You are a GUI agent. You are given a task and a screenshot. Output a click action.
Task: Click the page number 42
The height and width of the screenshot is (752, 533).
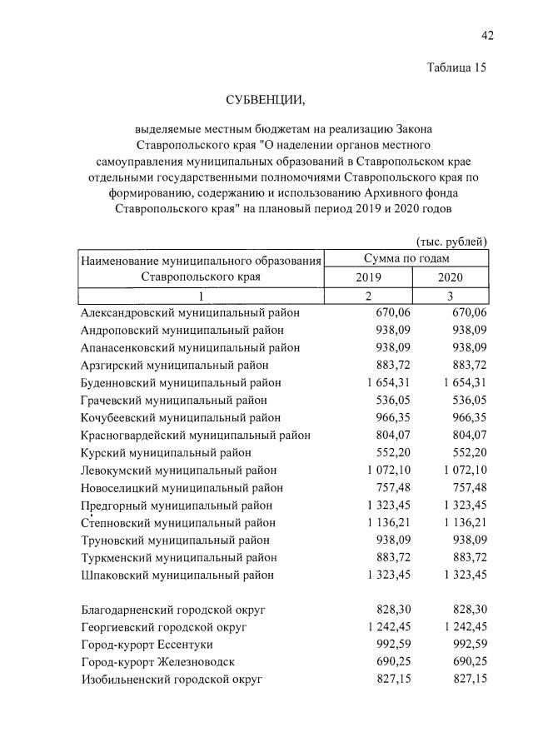(487, 34)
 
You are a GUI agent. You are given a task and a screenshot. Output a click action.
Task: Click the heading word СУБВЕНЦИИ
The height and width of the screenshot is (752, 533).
(266, 101)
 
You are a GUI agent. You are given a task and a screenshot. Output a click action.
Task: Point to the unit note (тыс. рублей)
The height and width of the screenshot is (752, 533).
(451, 242)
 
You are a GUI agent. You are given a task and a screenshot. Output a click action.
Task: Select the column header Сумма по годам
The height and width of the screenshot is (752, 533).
(406, 260)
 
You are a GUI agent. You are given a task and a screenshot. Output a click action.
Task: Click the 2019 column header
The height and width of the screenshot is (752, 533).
(368, 278)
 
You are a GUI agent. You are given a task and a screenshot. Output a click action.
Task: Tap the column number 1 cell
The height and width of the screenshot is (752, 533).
(200, 296)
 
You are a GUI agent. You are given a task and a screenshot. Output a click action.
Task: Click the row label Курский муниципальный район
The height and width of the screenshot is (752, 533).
(166, 453)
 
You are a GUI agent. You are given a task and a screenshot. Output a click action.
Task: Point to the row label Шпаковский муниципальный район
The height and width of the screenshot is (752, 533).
(177, 575)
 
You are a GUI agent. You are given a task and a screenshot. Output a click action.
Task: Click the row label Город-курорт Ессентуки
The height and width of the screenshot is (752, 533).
(147, 645)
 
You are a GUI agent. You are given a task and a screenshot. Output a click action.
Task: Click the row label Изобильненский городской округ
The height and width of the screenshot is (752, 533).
(172, 680)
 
